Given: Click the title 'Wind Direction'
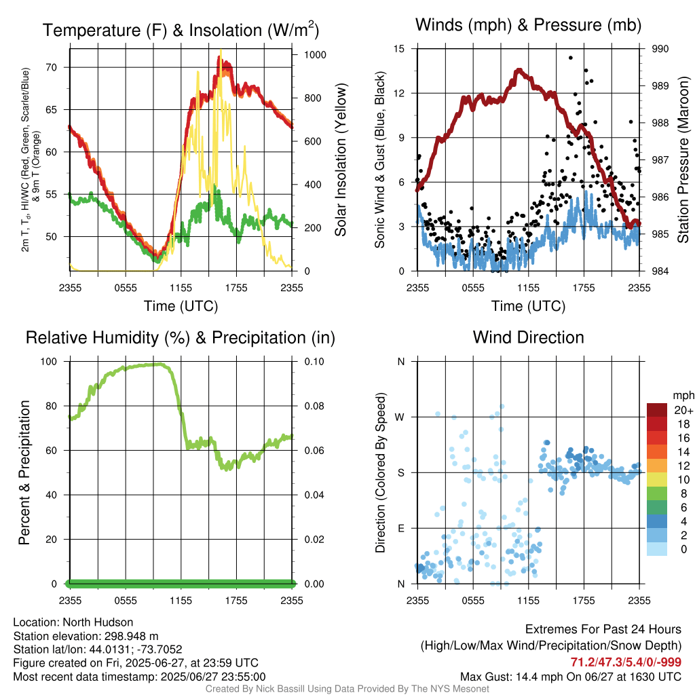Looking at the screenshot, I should (528, 337).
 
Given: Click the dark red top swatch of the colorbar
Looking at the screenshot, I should (657, 410).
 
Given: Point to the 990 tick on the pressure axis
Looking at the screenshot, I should (660, 49).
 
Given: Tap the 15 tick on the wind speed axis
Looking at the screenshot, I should (400, 49).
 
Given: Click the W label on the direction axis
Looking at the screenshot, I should (400, 417).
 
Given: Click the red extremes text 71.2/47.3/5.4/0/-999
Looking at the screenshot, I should (626, 662).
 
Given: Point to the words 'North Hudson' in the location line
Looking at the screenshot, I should (102, 622).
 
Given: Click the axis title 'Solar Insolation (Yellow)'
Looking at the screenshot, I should (340, 160).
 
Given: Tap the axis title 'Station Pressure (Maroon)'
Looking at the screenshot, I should (684, 160).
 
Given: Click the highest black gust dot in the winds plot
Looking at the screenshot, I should (571, 58).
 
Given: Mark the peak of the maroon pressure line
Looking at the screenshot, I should (519, 70).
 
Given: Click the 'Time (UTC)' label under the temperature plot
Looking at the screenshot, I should (181, 306).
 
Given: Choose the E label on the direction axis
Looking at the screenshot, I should (400, 528).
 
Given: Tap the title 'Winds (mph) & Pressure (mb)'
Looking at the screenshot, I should (528, 26).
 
